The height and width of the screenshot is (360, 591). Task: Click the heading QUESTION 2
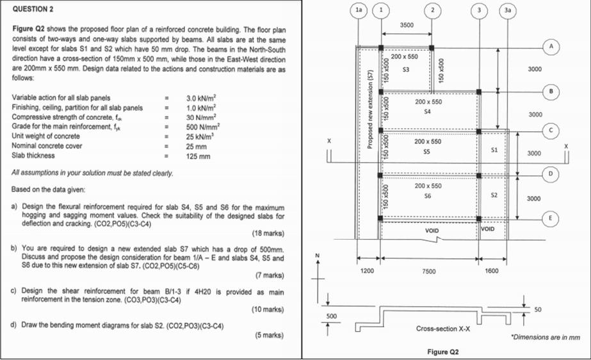pos(33,10)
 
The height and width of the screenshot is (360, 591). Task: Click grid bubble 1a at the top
pos(359,10)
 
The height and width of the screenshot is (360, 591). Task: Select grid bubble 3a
pos(508,10)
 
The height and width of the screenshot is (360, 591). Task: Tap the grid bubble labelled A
pos(551,47)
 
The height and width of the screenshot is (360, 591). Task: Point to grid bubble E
pos(550,218)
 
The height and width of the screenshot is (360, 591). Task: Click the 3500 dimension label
pos(407,25)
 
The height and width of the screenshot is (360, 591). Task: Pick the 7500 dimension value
pos(429,271)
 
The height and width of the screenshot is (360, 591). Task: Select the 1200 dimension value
pos(367,271)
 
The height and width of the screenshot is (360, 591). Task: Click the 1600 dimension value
pos(492,271)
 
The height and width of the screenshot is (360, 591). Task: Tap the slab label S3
pos(405,69)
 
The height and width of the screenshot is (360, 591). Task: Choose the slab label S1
pos(494,150)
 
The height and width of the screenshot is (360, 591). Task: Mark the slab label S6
pos(428,196)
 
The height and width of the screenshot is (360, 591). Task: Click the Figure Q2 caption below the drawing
pos(443,352)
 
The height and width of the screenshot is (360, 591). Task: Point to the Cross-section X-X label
pos(443,329)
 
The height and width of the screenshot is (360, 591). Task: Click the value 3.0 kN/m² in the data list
pos(201,98)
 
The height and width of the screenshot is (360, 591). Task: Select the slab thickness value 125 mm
pos(198,156)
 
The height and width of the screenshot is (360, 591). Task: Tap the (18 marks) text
pos(268,233)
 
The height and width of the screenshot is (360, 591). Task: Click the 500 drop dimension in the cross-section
pos(331,316)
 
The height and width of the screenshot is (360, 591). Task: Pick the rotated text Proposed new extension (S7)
pos(370,110)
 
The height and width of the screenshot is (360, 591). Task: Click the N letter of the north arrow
pos(317,256)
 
